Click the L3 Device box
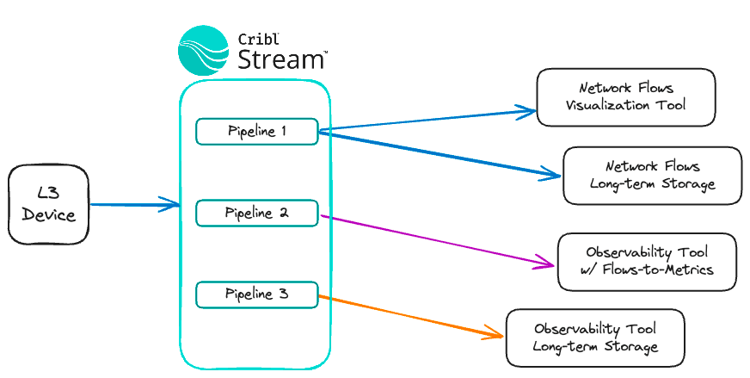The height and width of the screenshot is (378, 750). pyautogui.click(x=49, y=205)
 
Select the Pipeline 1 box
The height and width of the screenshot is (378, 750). pyautogui.click(x=257, y=132)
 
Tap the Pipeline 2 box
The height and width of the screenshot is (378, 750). pyautogui.click(x=257, y=213)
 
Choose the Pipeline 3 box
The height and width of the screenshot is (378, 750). pyautogui.click(x=257, y=294)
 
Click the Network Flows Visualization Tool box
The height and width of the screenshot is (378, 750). pyautogui.click(x=625, y=97)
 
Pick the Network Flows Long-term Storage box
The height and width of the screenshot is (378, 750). pyautogui.click(x=652, y=175)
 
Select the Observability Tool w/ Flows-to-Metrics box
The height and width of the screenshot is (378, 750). pyautogui.click(x=647, y=262)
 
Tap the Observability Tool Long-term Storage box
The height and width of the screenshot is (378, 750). pyautogui.click(x=595, y=338)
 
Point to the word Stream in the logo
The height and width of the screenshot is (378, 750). pyautogui.click(x=280, y=59)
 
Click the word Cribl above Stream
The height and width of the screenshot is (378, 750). pyautogui.click(x=256, y=37)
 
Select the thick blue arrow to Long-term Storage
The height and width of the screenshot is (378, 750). pyautogui.click(x=439, y=154)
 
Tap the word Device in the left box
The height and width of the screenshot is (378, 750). pyautogui.click(x=49, y=215)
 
